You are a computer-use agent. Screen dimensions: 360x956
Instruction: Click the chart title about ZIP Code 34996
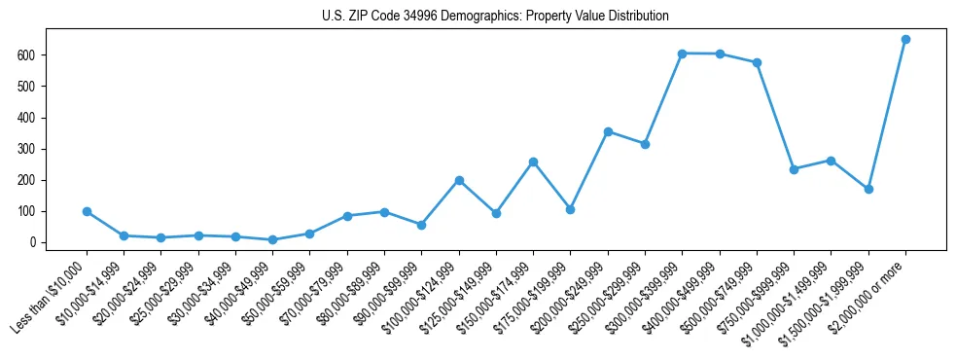[x=495, y=17]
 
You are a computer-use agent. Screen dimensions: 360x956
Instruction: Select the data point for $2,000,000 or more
[x=905, y=40]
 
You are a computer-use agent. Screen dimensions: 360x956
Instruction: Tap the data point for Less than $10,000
[x=87, y=211]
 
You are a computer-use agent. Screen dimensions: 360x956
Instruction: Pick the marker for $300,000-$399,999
[x=683, y=54]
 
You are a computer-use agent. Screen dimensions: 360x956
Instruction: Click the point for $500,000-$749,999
[x=757, y=62]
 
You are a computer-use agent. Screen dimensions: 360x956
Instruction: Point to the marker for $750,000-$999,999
[x=794, y=169]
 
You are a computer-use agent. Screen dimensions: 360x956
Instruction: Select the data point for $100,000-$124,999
[x=459, y=180]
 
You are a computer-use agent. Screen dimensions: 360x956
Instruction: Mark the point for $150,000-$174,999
[x=533, y=162]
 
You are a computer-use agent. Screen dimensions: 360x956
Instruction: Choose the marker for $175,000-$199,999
[x=570, y=209]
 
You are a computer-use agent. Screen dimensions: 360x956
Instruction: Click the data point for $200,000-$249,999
[x=608, y=131]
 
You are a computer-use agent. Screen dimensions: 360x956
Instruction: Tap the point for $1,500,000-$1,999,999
[x=868, y=189]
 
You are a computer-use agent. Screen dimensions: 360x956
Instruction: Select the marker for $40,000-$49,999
[x=272, y=239]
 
